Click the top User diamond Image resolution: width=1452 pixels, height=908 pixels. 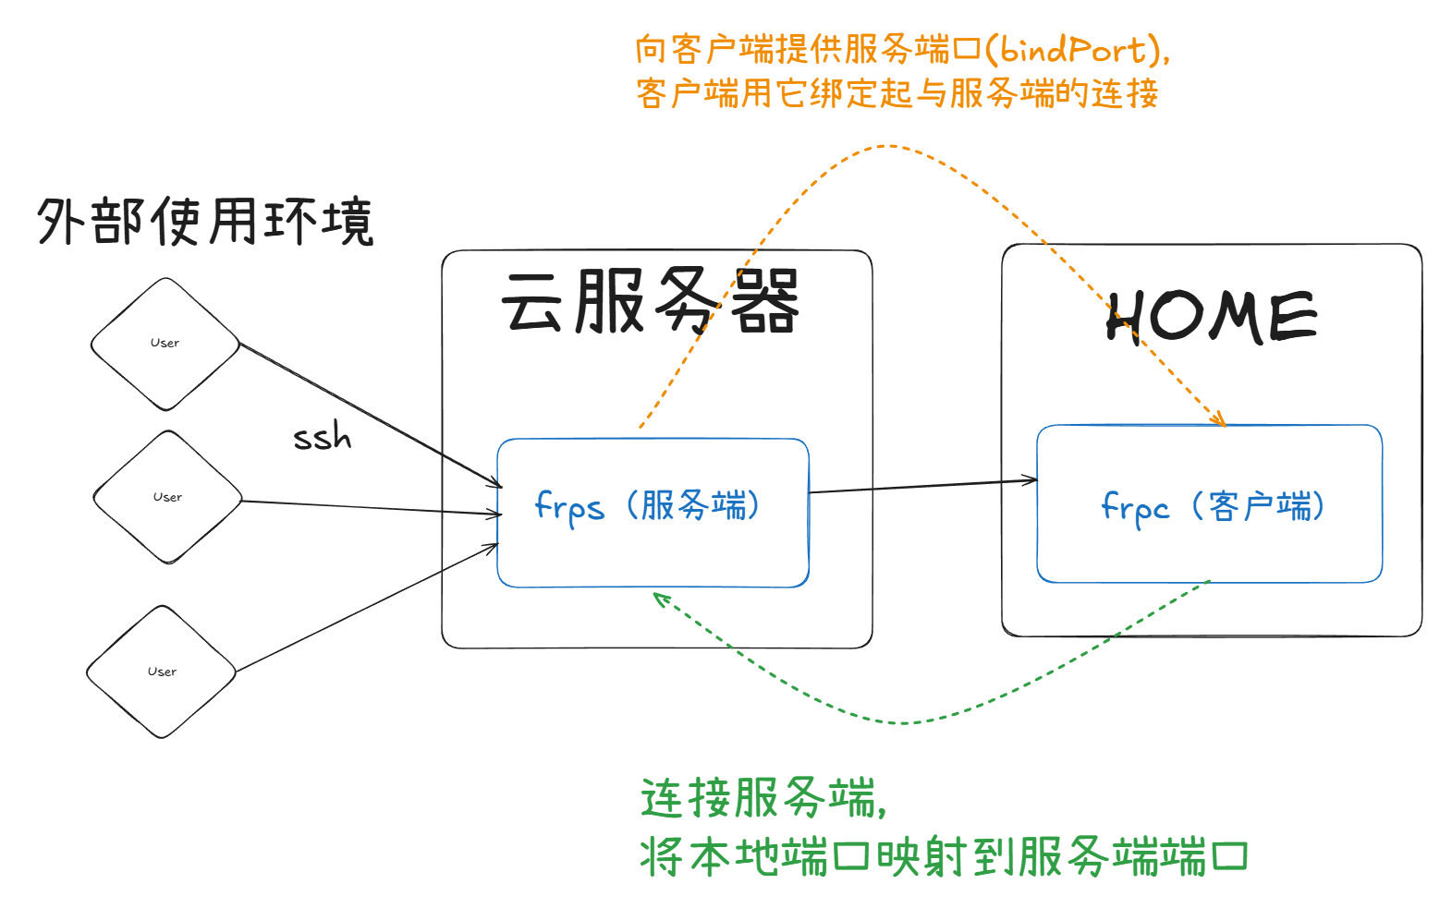click(165, 344)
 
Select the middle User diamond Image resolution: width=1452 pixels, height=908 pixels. click(167, 497)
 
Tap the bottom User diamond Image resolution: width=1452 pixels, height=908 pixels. click(162, 672)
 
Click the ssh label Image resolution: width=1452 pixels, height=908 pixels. click(323, 436)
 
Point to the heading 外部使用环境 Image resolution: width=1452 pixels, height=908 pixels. click(205, 222)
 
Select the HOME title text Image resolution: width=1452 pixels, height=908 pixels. click(1211, 317)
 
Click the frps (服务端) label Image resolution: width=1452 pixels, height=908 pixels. click(647, 506)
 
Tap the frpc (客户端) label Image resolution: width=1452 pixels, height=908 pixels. click(1212, 506)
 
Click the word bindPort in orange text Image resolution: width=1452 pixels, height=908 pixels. click(1072, 49)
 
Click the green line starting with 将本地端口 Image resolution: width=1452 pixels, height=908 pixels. click(943, 856)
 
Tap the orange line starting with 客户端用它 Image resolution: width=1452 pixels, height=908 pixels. click(897, 93)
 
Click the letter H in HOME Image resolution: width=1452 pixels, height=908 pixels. click(1126, 318)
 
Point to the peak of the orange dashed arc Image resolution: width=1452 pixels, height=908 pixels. click(887, 146)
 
